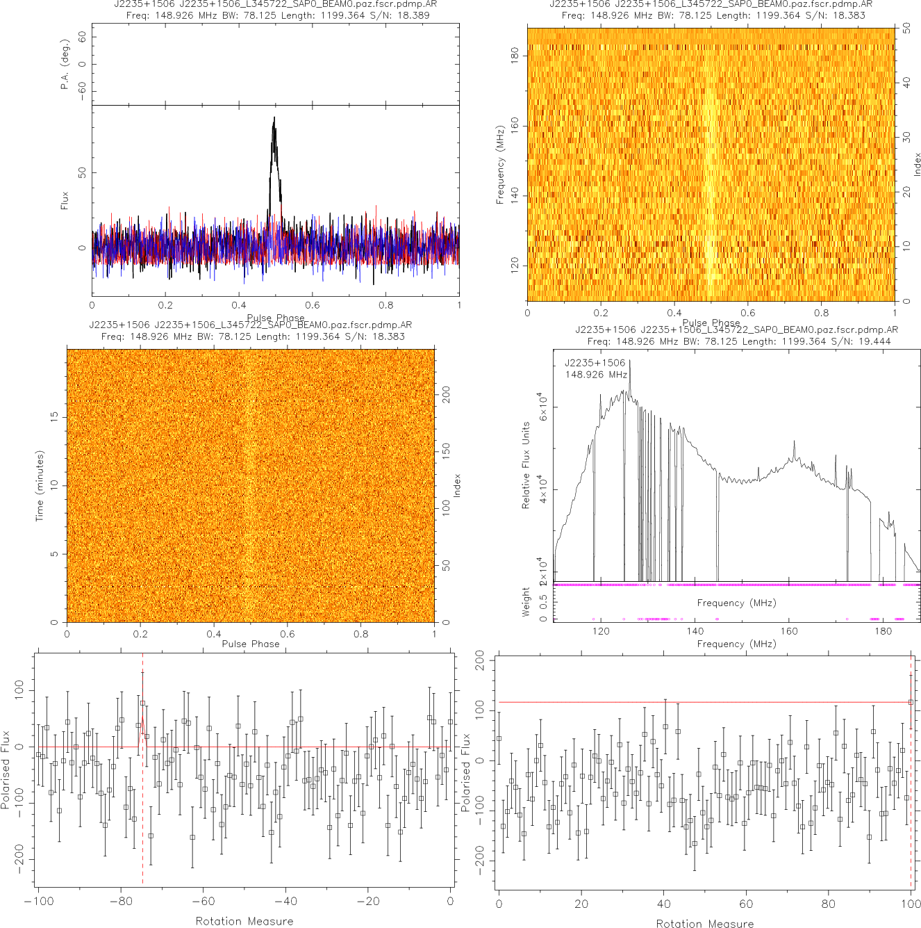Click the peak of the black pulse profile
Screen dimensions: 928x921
[274, 117]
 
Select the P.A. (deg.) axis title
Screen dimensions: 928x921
[65, 64]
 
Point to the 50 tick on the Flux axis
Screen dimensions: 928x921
[83, 172]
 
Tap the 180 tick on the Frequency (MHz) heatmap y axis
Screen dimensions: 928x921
[515, 55]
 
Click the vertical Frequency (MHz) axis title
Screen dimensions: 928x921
[500, 165]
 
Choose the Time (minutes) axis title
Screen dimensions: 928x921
[40, 485]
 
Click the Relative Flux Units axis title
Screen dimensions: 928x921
[526, 465]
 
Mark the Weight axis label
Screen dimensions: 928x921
[526, 602]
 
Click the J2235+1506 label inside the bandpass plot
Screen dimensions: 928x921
[595, 363]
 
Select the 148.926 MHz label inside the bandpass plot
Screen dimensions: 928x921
[596, 375]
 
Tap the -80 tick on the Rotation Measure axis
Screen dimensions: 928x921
[121, 902]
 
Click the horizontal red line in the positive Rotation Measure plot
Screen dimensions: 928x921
[695, 702]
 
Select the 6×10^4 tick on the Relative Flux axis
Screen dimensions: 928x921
[542, 406]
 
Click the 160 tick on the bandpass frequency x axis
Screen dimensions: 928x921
[789, 631]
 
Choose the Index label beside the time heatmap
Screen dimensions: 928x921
[457, 485]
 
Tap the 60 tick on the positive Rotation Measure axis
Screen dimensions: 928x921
[746, 904]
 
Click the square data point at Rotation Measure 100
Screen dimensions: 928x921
[911, 702]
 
